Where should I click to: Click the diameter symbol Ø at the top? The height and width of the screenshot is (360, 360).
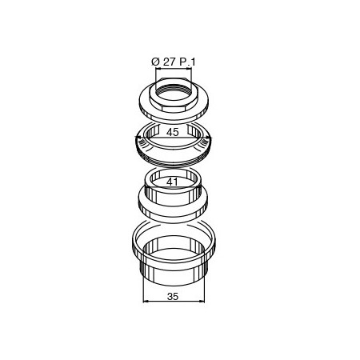click(x=155, y=62)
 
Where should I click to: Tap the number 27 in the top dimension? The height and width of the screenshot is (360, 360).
click(x=169, y=62)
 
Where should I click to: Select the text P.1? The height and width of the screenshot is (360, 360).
click(x=187, y=62)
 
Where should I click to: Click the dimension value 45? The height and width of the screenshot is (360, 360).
click(x=173, y=132)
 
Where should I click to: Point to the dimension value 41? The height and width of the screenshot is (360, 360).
click(x=172, y=182)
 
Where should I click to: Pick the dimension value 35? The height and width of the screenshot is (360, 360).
click(x=173, y=296)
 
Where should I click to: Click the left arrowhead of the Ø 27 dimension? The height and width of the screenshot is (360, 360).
click(x=158, y=69)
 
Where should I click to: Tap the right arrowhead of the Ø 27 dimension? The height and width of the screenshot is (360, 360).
click(x=190, y=69)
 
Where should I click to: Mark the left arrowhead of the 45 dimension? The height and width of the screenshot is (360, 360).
click(x=137, y=138)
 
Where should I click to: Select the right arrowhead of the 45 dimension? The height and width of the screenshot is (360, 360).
click(x=210, y=138)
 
